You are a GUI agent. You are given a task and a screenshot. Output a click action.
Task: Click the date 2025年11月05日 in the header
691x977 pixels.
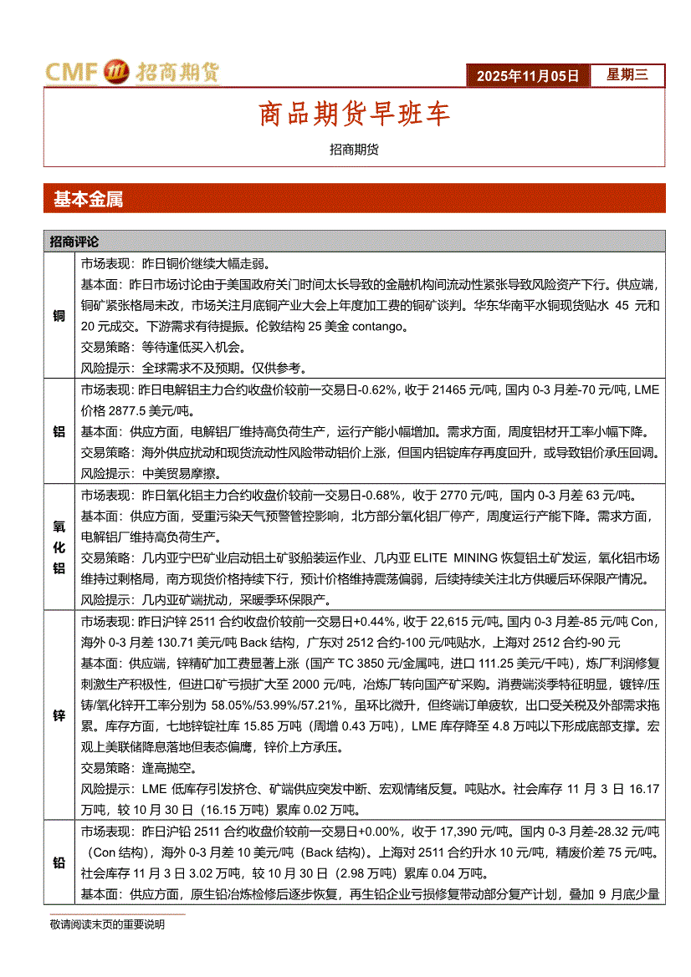528,75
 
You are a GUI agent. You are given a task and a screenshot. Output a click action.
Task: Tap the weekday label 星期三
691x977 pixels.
627,74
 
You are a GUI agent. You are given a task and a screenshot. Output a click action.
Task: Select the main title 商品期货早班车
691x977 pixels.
354,114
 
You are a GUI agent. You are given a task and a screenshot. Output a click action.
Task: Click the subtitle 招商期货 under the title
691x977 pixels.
354,149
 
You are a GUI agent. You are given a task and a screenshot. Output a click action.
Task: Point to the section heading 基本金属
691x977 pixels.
88,199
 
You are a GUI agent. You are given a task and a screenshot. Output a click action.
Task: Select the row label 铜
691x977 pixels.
59,315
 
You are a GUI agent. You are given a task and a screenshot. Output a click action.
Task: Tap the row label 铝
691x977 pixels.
59,431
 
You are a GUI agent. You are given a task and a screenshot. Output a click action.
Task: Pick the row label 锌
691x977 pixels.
59,715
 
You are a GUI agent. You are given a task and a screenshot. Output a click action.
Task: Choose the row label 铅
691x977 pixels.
59,862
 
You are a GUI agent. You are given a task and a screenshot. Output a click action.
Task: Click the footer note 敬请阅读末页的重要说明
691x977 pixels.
107,924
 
